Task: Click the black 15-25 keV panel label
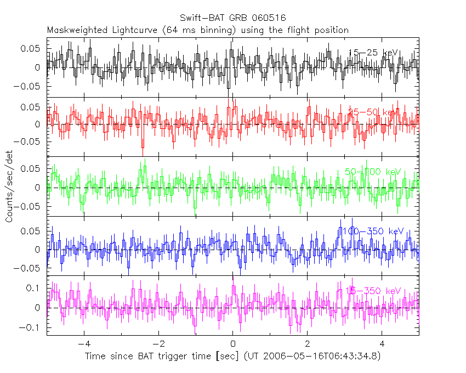[373, 53]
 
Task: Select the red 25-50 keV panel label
[373, 112]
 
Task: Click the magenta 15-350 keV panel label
[371, 291]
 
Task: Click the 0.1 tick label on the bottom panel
[35, 288]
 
